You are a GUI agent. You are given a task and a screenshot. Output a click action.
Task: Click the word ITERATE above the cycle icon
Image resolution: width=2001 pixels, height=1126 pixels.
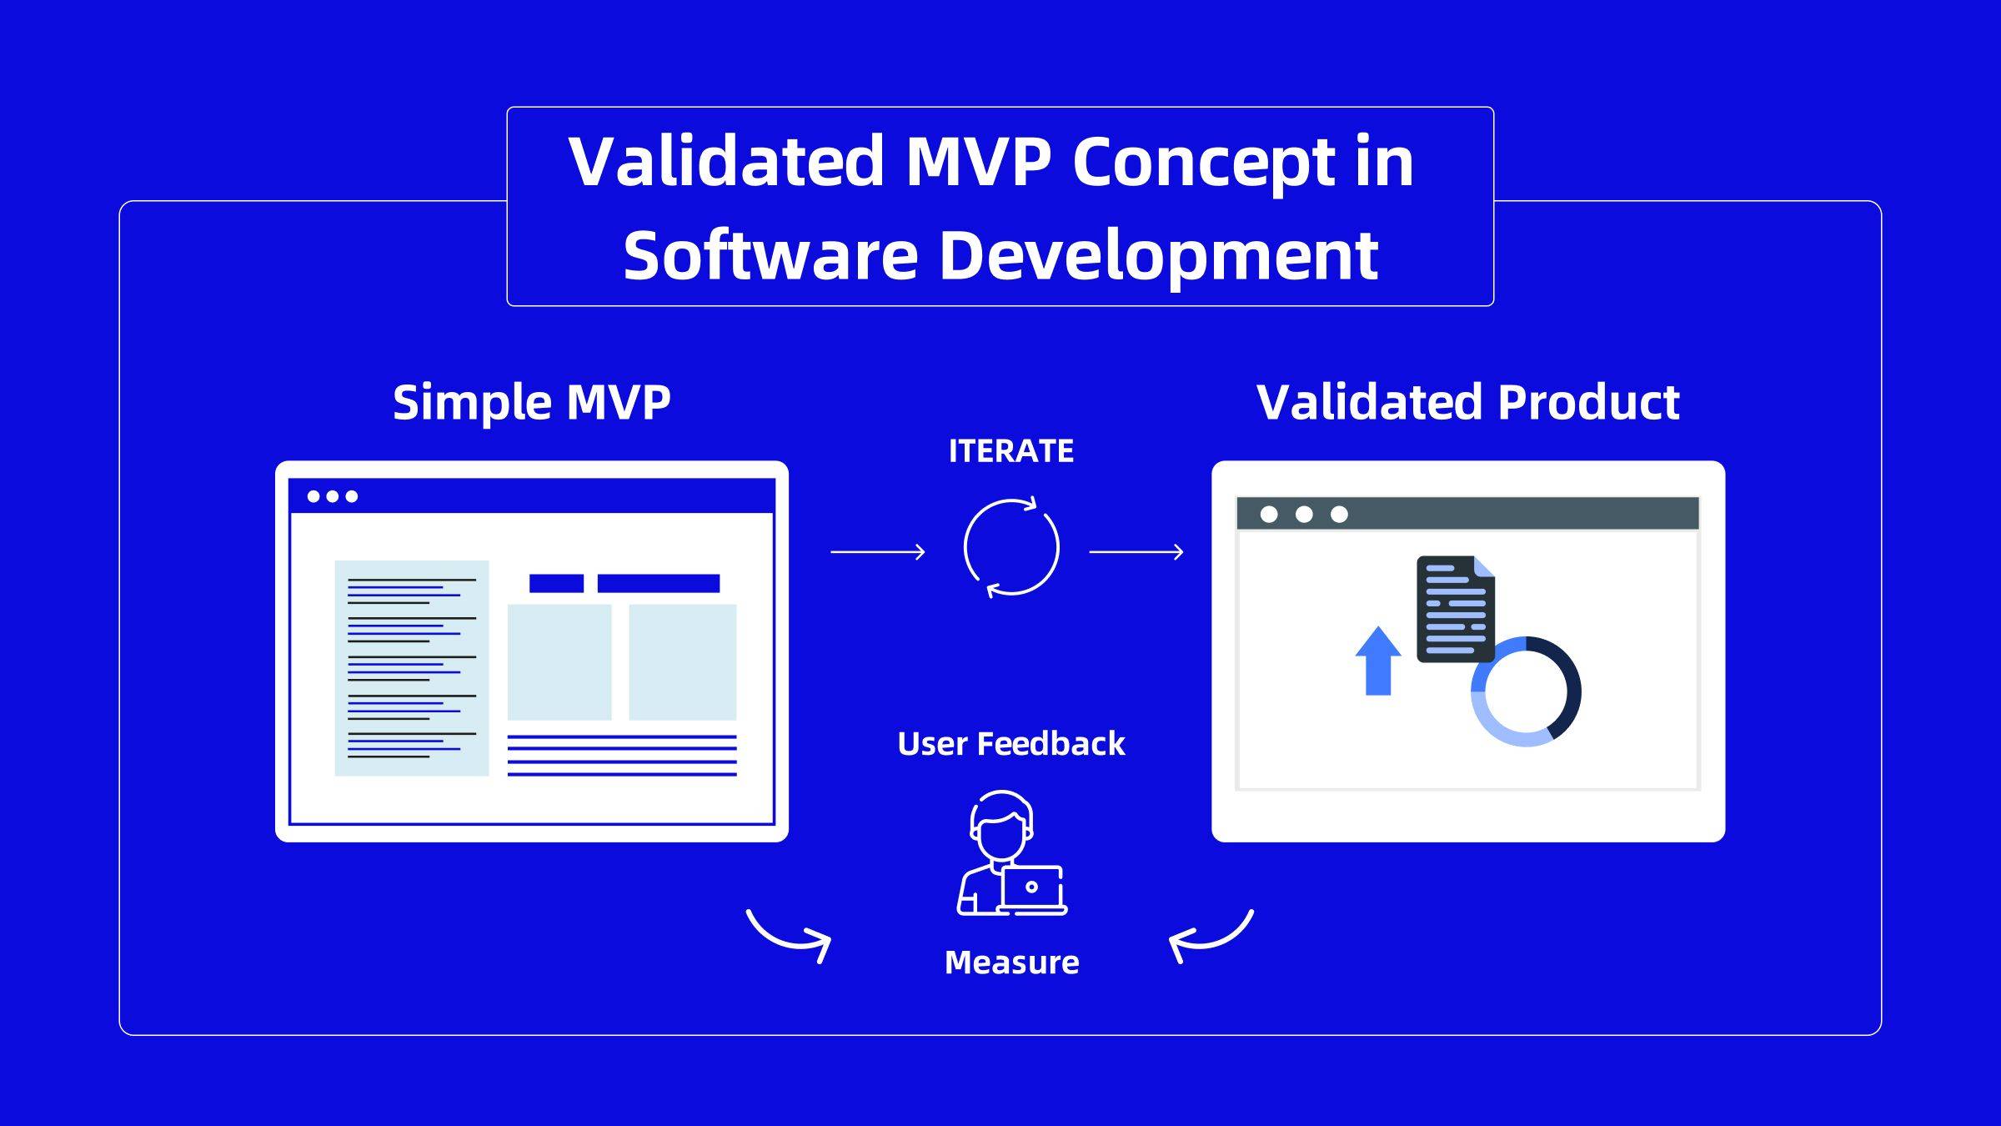coord(1011,451)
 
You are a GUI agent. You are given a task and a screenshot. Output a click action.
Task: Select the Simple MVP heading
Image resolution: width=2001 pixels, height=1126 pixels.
coord(532,403)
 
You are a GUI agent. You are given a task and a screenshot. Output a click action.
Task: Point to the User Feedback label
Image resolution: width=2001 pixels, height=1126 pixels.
coord(1011,743)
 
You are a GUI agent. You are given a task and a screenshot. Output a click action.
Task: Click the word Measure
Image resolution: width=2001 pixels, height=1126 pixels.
coord(1011,963)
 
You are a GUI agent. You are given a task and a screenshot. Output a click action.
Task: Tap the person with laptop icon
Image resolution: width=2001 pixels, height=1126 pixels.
coord(1011,853)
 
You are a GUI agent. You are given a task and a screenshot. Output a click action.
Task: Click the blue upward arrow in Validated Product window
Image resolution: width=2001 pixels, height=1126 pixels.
coord(1378,661)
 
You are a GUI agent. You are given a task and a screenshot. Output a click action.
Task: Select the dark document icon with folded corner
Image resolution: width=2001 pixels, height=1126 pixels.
coord(1456,610)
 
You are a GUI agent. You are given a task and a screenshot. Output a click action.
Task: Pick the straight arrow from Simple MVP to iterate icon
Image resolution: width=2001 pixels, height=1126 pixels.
coord(878,551)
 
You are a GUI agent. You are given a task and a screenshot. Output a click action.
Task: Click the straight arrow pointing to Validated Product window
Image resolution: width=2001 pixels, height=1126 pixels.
coord(1136,551)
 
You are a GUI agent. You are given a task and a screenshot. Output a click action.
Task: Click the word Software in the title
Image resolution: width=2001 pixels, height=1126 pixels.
coord(771,255)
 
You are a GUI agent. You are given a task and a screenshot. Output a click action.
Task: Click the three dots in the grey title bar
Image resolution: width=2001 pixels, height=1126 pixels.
coord(1304,514)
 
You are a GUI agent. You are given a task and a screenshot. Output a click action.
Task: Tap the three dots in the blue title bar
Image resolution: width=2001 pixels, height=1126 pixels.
coord(333,496)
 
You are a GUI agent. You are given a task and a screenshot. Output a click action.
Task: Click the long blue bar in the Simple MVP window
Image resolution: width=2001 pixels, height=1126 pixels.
coord(659,583)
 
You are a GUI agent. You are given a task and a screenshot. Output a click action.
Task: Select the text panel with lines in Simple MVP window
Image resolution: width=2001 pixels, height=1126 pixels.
coord(412,668)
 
